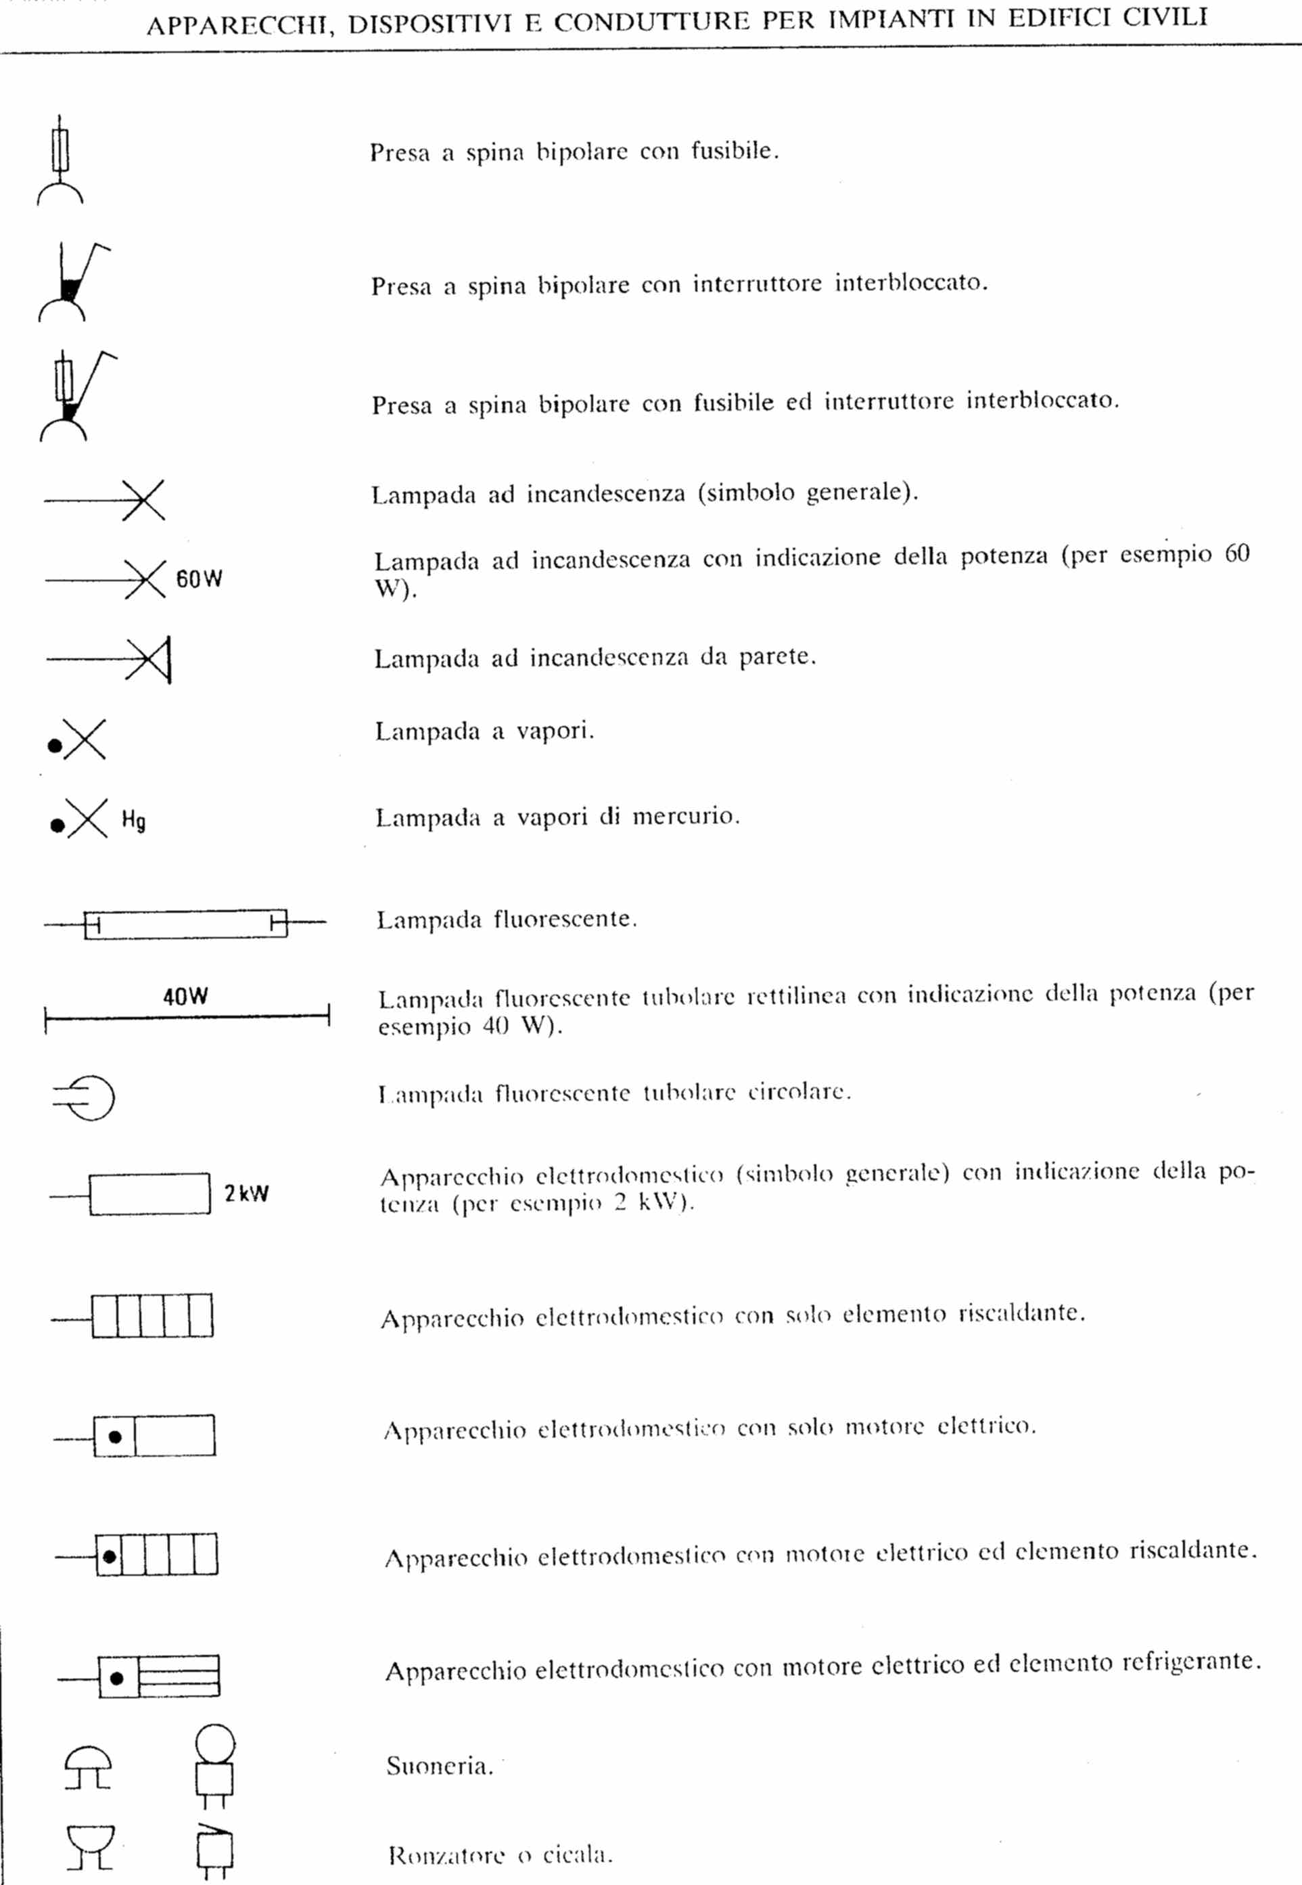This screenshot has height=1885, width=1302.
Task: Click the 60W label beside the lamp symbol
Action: coord(199,578)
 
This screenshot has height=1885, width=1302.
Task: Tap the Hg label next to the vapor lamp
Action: coord(134,819)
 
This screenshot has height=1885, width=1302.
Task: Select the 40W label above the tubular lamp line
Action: coord(185,997)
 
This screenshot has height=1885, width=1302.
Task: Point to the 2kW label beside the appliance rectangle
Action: coord(246,1193)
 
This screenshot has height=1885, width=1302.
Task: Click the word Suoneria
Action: coord(440,1766)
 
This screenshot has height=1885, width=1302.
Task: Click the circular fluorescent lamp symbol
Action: coord(85,1097)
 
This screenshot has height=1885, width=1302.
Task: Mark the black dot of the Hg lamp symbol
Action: coord(57,825)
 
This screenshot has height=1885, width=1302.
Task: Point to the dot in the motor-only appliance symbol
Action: coord(115,1436)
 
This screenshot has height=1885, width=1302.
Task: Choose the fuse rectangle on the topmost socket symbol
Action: coord(60,150)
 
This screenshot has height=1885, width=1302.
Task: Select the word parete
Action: coord(776,657)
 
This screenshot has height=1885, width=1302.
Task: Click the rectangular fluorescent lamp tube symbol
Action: coord(186,924)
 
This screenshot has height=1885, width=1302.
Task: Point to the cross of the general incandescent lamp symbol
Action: coord(143,499)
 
